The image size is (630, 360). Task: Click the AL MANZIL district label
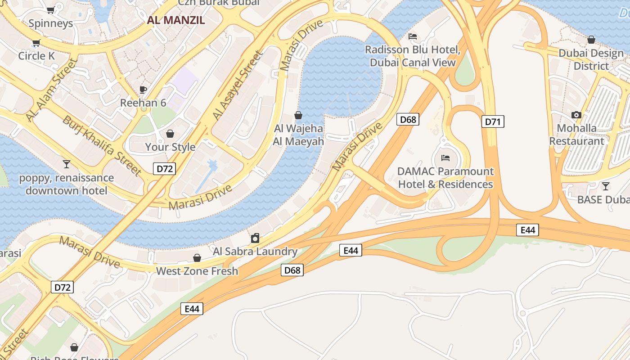click(176, 20)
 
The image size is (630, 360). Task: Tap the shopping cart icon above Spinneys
click(51, 10)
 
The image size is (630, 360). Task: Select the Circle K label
click(36, 56)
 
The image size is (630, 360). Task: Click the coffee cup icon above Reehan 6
click(143, 90)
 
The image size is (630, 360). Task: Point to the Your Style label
click(170, 147)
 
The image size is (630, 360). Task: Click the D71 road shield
click(493, 121)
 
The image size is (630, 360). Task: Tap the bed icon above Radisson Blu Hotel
click(413, 36)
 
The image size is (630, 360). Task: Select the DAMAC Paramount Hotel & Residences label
click(445, 178)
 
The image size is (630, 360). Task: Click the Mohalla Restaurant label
click(577, 135)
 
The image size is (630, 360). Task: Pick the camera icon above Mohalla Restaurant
click(576, 115)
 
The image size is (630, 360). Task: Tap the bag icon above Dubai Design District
click(591, 40)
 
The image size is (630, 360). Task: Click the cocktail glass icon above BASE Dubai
click(606, 186)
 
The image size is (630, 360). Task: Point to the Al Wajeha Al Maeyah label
click(298, 135)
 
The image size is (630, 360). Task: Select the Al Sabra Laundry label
click(255, 251)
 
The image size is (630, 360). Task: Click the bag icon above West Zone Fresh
click(197, 258)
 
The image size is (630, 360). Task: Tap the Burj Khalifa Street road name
click(103, 145)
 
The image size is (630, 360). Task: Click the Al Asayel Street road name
click(238, 86)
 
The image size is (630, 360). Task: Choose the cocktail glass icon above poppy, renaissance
click(67, 164)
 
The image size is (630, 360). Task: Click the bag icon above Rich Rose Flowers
click(74, 347)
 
